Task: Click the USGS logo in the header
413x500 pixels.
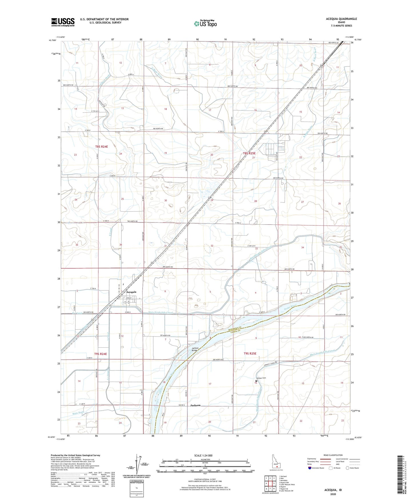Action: [x=63, y=22]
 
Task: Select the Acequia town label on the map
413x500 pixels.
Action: [x=131, y=292]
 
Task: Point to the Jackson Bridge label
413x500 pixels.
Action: [x=195, y=349]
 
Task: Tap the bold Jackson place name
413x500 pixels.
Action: [x=195, y=405]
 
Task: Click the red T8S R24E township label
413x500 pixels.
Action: [x=101, y=147]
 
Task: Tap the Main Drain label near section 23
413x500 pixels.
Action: [x=70, y=413]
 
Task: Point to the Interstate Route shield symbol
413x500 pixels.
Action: [x=310, y=468]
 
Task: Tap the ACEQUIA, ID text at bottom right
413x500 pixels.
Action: [x=333, y=490]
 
